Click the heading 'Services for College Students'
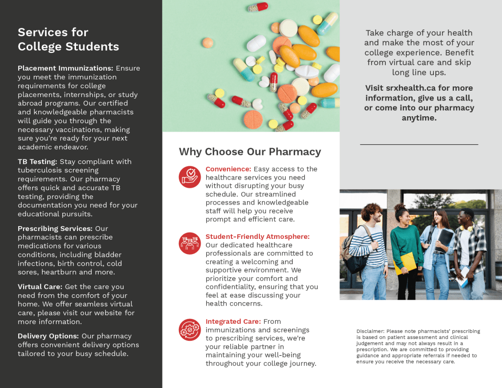click(68, 40)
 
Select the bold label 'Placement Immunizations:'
click(65, 68)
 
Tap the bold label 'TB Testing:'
click(37, 161)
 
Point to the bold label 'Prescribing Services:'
click(55, 229)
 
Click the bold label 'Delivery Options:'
click(48, 336)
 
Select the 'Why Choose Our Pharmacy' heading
click(250, 152)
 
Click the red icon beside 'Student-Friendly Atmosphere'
click(190, 243)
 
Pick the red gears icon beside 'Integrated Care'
click(190, 329)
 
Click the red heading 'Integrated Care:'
click(233, 322)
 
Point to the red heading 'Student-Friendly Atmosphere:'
click(257, 236)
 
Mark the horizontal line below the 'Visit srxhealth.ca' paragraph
click(419, 145)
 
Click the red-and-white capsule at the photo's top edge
click(258, 7)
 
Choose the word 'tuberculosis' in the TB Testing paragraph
click(41, 170)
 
